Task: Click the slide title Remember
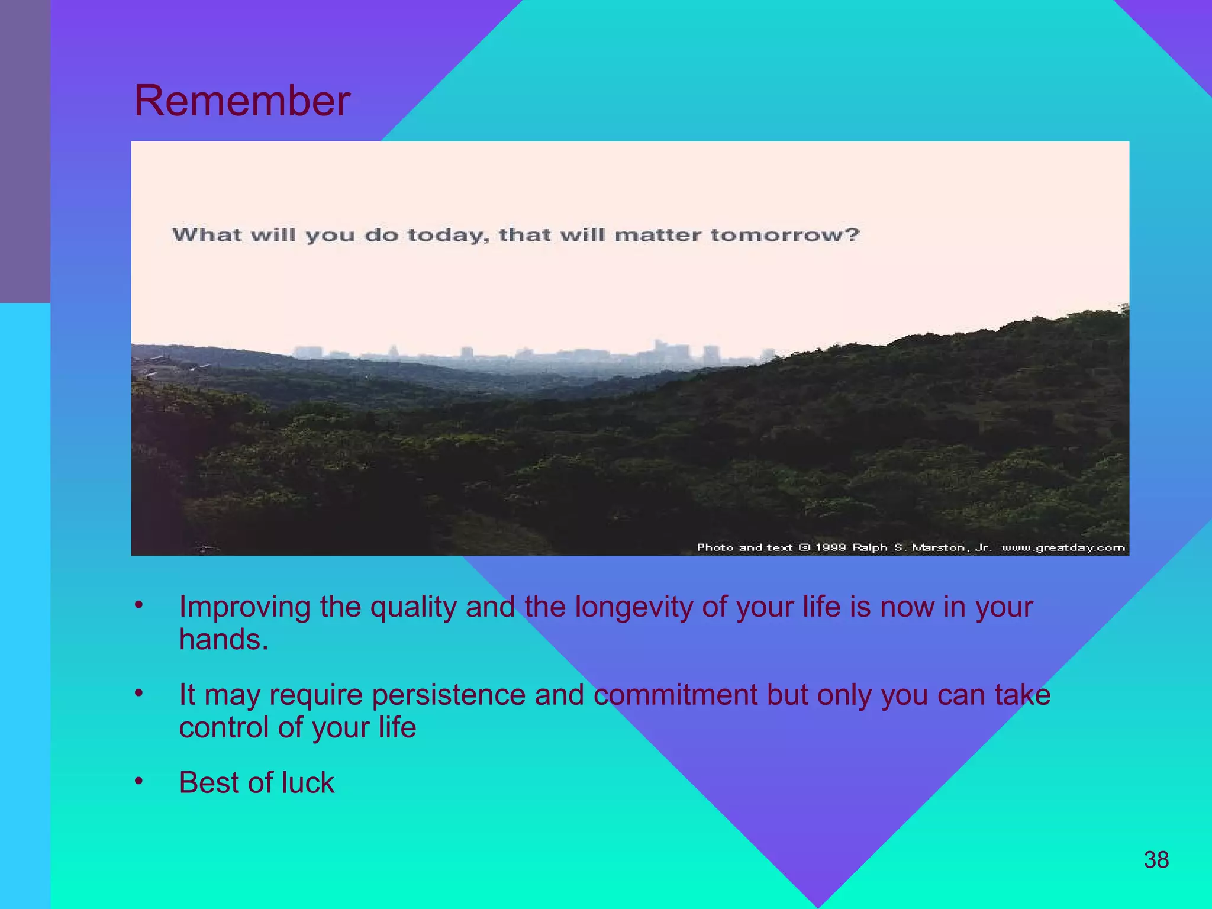(x=242, y=101)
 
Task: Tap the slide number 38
(x=1156, y=860)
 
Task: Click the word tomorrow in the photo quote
(x=784, y=235)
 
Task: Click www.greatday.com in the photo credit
(x=1063, y=547)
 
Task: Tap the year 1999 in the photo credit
(x=830, y=547)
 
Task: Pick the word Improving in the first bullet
(x=244, y=607)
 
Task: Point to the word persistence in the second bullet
(x=448, y=695)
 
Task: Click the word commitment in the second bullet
(x=675, y=695)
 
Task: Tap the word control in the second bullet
(x=223, y=727)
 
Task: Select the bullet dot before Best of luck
(x=138, y=781)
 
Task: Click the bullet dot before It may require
(x=138, y=693)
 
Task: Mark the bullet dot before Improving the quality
(x=138, y=605)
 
